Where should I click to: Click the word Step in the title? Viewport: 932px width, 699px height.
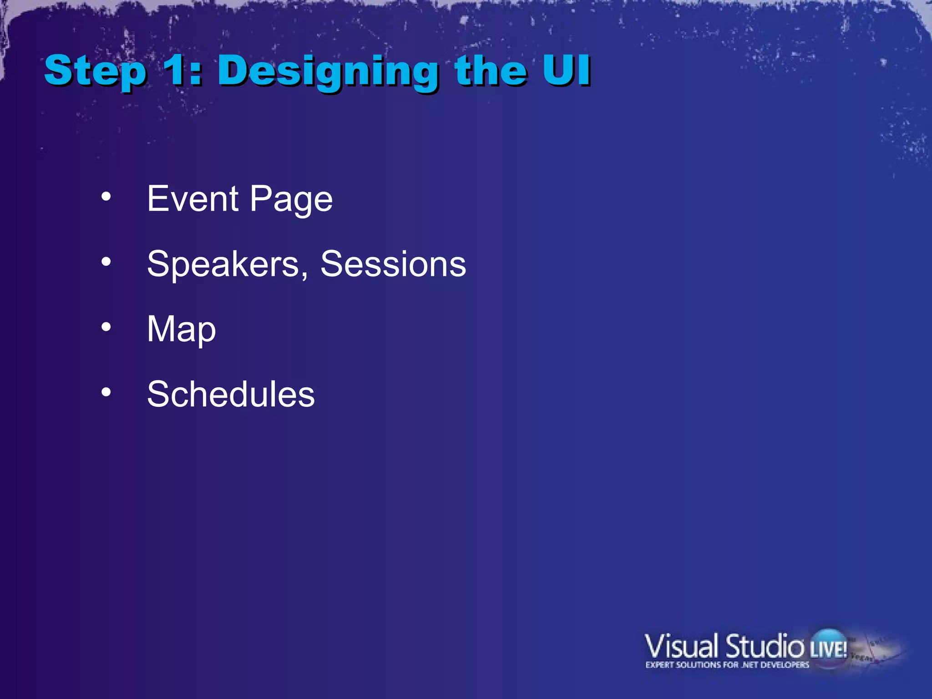[x=96, y=71]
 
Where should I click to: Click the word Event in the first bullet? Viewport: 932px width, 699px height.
[x=193, y=199]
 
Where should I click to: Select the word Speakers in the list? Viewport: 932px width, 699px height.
[x=223, y=264]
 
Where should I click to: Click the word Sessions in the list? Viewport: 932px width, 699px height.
[x=393, y=264]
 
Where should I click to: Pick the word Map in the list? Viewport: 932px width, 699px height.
[x=181, y=329]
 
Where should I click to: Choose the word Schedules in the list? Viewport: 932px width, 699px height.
[x=231, y=394]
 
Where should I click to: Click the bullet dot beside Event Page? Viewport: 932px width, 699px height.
[x=106, y=197]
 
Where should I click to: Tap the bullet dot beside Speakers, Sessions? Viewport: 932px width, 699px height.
[x=106, y=262]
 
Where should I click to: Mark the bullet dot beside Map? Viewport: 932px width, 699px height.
[x=106, y=327]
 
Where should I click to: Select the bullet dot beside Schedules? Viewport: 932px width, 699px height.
[x=106, y=392]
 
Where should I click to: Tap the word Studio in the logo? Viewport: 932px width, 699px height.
[x=765, y=646]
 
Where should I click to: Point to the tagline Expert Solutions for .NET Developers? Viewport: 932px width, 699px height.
[x=727, y=665]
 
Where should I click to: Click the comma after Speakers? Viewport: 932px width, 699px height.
[x=304, y=274]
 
